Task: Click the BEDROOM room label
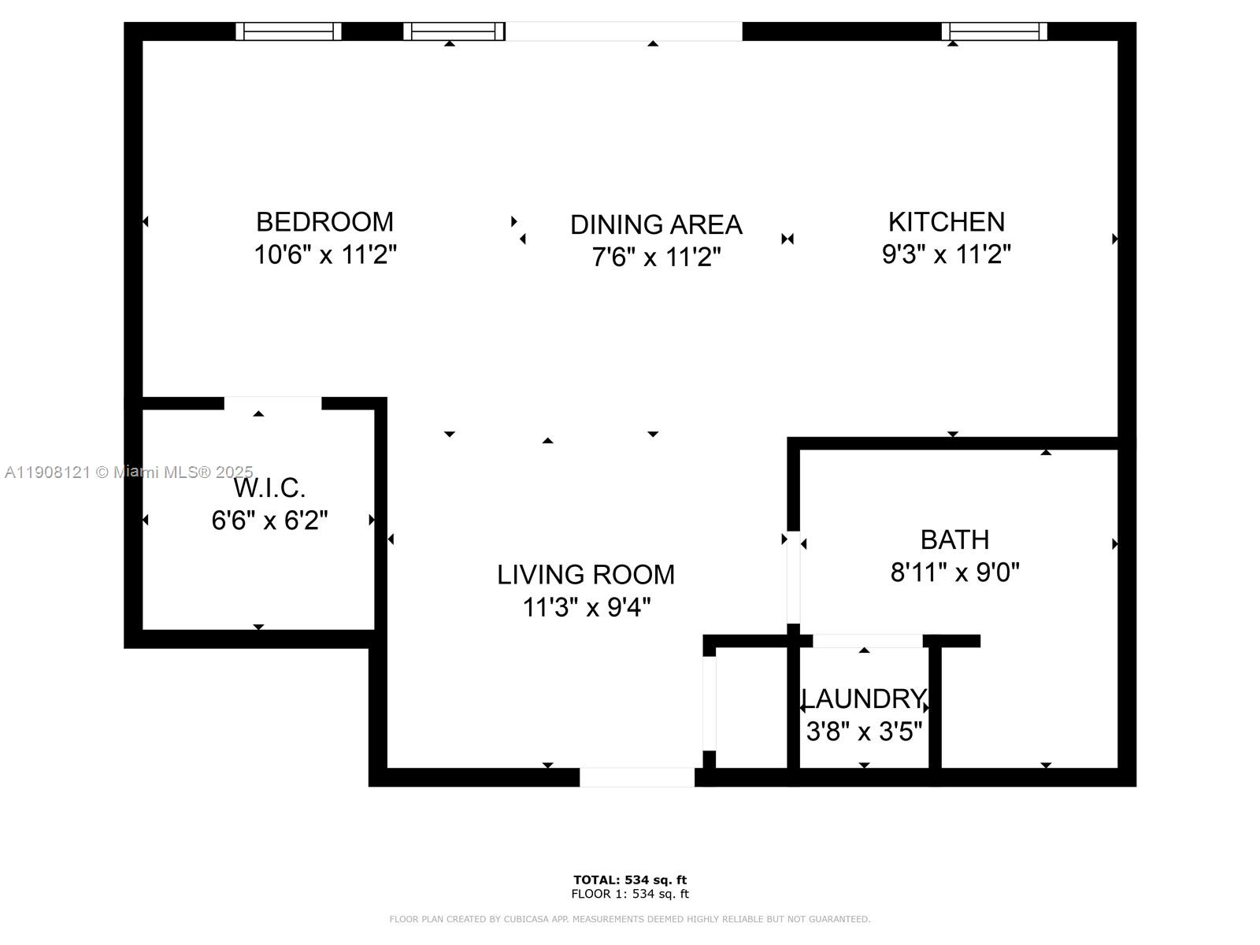point(324,222)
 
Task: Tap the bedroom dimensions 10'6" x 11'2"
point(324,255)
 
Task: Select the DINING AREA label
point(656,225)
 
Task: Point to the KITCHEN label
point(946,222)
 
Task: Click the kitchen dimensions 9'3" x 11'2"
point(946,254)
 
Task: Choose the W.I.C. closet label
point(269,488)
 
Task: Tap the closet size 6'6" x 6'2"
point(269,521)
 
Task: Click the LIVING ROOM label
point(586,575)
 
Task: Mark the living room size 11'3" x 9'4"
point(586,608)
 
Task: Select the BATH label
point(954,540)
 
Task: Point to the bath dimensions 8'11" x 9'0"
point(954,573)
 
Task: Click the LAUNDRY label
point(863,699)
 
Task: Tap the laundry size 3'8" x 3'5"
point(864,732)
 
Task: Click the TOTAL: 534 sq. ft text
point(630,880)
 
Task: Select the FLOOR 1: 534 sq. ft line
point(630,894)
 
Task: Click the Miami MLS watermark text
point(129,472)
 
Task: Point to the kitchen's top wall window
point(995,31)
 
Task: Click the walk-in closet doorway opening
point(272,403)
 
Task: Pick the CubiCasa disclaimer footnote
point(630,919)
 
